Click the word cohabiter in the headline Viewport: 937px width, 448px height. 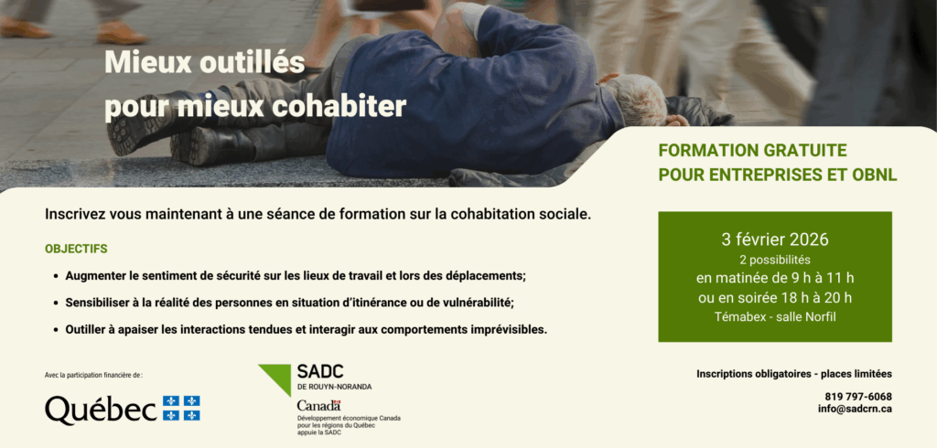pos(339,106)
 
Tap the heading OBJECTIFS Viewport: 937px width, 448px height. pos(76,249)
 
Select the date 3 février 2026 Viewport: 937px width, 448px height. pos(775,240)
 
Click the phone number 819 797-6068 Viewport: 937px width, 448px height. pos(858,397)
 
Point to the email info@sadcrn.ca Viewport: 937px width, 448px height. pos(856,410)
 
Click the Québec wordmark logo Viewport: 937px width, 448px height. pos(101,410)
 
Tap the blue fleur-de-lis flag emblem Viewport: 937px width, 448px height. pos(182,408)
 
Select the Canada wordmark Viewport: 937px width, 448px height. pos(318,406)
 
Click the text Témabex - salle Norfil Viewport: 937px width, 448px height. pos(775,317)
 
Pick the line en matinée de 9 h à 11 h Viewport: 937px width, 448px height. pos(775,278)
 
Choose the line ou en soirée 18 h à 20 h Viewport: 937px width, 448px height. pos(775,297)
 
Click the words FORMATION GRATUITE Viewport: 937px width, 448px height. pos(752,150)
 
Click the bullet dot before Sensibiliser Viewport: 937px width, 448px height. pos(56,303)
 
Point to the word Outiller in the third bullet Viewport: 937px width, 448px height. pos(85,329)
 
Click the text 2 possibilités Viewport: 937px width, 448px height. pos(775,260)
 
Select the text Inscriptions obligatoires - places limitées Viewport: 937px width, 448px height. pos(794,374)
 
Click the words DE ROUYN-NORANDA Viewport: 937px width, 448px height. pos(334,387)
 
